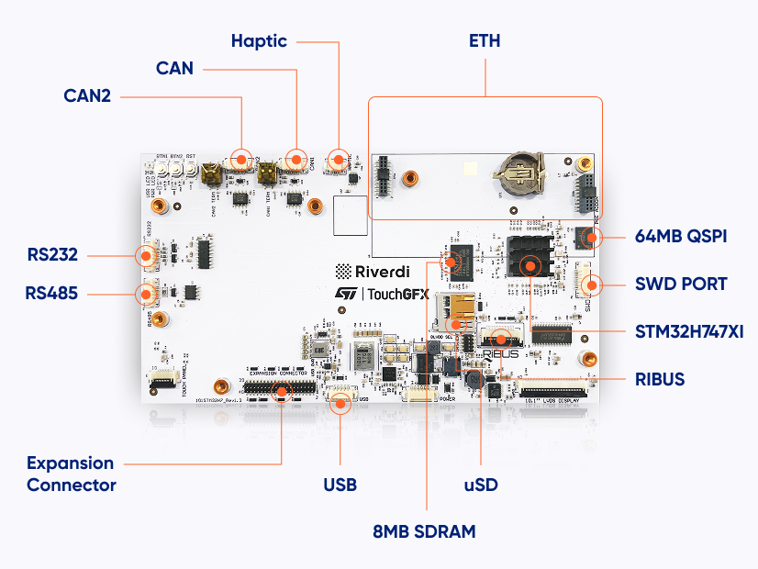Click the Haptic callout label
259,41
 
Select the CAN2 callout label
87,95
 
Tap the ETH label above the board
485,41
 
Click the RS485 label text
51,294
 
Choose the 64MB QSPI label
681,237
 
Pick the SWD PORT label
681,284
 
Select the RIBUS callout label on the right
660,378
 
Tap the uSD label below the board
480,484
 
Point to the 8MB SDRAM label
424,531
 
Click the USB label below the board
340,484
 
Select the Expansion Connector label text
72,474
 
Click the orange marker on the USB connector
340,401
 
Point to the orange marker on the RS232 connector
146,256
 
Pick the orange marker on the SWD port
592,284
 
